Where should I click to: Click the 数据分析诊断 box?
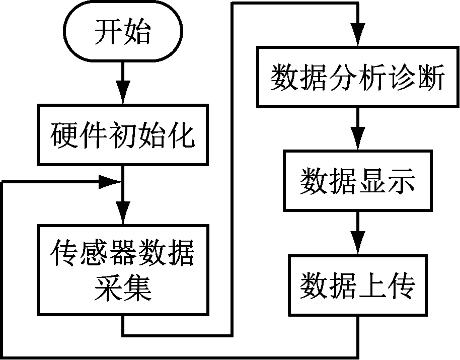[357, 77]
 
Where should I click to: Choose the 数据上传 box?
[357, 284]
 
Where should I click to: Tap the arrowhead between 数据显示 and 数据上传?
[357, 245]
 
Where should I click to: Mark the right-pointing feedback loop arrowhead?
[108, 182]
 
